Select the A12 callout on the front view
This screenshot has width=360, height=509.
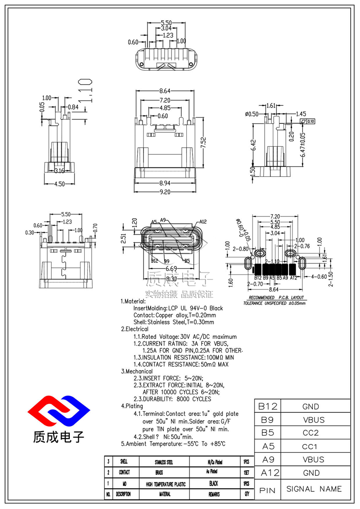pos(202,221)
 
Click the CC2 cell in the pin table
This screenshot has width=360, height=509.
pos(310,433)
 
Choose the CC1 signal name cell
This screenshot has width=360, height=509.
pos(310,446)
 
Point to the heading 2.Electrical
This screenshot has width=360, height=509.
pos(135,329)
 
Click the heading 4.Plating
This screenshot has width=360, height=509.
pos(132,406)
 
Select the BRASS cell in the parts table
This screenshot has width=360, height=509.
pos(164,473)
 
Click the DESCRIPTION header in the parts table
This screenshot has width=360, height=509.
pos(123,494)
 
